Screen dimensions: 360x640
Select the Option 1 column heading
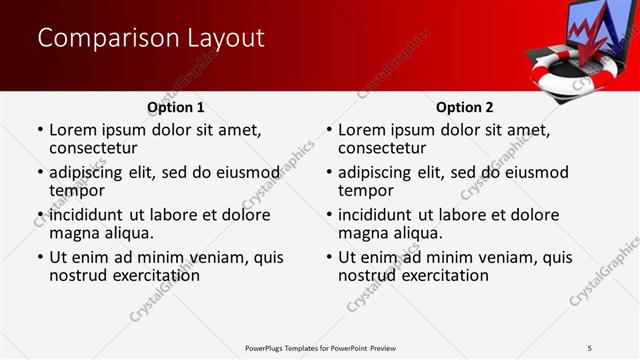click(x=175, y=107)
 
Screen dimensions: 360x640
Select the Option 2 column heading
click(x=464, y=107)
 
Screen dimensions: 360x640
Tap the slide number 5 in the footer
click(x=589, y=347)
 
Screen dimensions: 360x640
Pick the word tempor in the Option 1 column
click(x=77, y=190)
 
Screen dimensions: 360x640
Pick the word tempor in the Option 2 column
click(x=366, y=190)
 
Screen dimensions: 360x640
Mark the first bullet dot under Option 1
click(x=39, y=130)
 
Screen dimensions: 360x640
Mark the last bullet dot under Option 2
click(x=328, y=258)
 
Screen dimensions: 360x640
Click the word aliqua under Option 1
click(x=131, y=233)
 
